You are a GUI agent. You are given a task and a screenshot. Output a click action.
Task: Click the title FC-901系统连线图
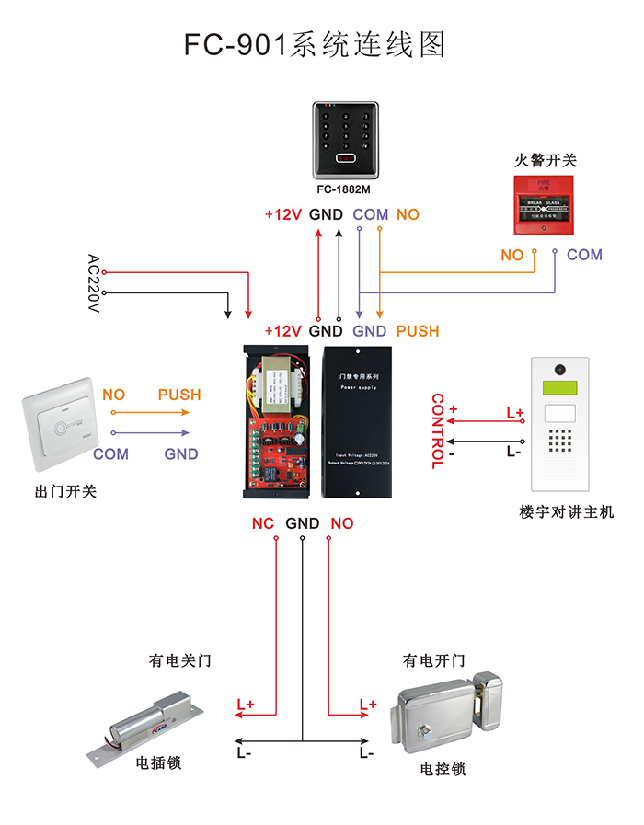[315, 43]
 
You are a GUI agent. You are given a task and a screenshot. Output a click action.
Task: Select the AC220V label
[92, 284]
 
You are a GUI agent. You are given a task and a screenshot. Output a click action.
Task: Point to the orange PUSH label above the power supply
[418, 331]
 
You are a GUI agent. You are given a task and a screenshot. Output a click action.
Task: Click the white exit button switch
[61, 428]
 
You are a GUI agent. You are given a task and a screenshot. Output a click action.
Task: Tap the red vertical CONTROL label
[438, 431]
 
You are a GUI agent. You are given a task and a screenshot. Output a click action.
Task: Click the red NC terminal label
[263, 523]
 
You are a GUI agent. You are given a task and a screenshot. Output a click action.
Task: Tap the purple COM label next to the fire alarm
[584, 255]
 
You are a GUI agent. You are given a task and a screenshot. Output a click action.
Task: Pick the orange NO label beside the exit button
[114, 395]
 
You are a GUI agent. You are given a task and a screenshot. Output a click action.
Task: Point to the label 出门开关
[65, 491]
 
